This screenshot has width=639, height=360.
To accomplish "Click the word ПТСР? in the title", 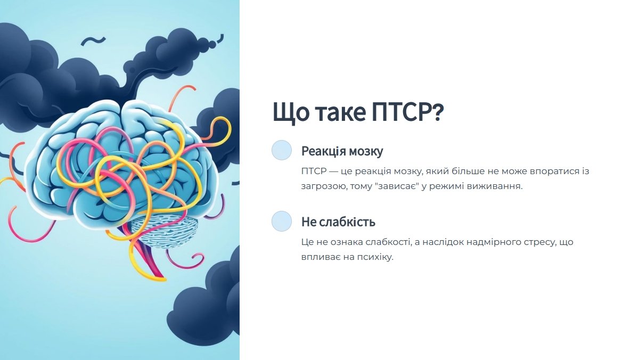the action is tap(408, 112).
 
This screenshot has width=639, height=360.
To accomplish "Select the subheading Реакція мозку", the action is tap(342, 151).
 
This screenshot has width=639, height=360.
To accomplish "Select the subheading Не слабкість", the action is tap(338, 222).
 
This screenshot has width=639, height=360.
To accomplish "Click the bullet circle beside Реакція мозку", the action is tap(282, 150).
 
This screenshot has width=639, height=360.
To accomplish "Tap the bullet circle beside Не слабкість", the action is tap(282, 221).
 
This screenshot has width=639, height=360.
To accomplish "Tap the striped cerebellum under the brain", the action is tap(165, 230).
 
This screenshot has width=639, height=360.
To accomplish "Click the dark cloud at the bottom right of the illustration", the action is tap(206, 302).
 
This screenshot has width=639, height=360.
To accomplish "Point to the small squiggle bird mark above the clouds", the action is tap(93, 41).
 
